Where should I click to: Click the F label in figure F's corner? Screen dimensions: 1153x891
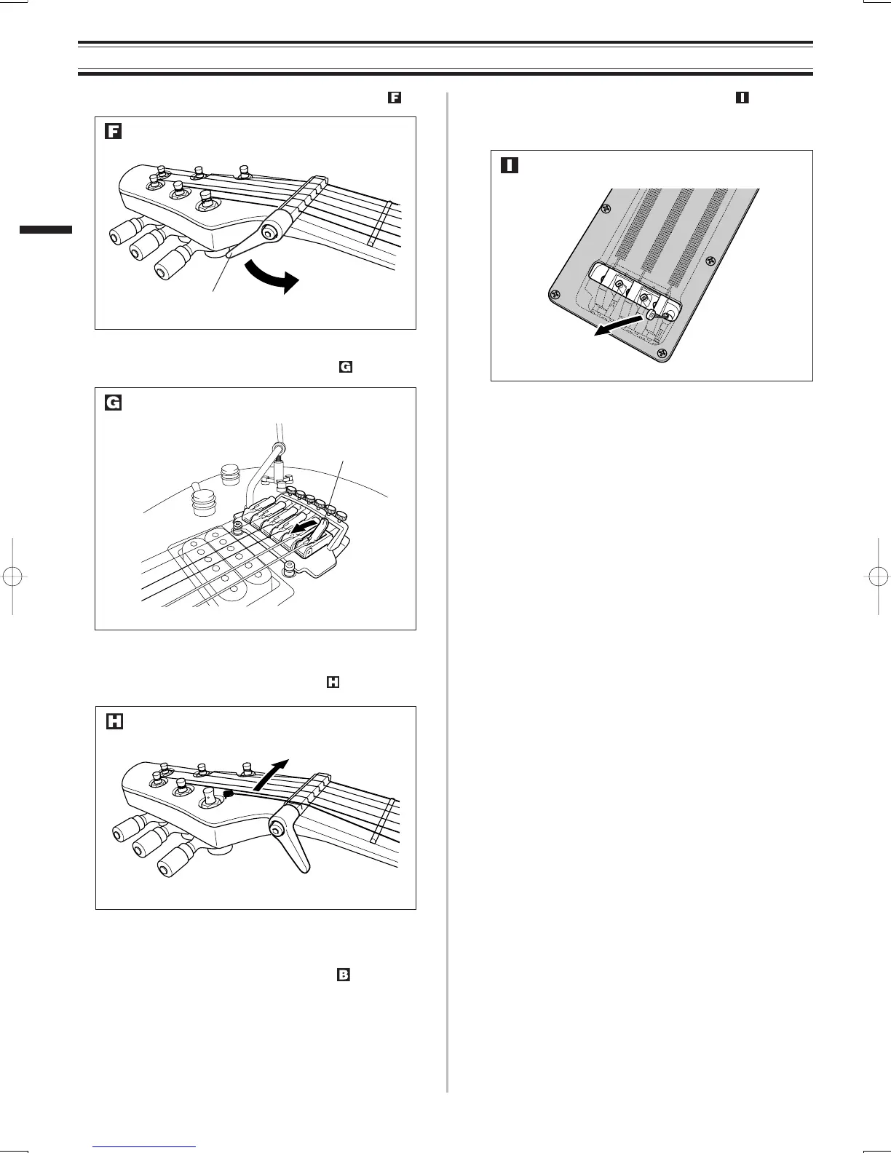pos(113,132)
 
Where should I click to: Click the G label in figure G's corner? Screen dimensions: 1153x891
pos(113,403)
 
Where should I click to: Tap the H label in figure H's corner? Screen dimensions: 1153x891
pos(114,721)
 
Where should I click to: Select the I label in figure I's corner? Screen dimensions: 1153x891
pos(509,165)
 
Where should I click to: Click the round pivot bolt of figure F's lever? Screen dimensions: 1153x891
pos(271,232)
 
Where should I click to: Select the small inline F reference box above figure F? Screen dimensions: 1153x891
pos(395,98)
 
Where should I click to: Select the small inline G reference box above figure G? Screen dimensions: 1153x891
pos(345,367)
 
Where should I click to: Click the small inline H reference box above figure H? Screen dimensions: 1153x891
pos(333,683)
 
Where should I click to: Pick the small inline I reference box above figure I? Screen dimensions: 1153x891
pos(742,98)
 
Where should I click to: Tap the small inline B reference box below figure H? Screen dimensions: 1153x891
pos(344,975)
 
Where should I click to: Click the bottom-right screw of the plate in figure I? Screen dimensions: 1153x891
pos(663,356)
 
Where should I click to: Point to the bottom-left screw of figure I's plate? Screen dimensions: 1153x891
pos(555,296)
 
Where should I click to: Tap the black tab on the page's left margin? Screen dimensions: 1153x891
pos(46,229)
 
